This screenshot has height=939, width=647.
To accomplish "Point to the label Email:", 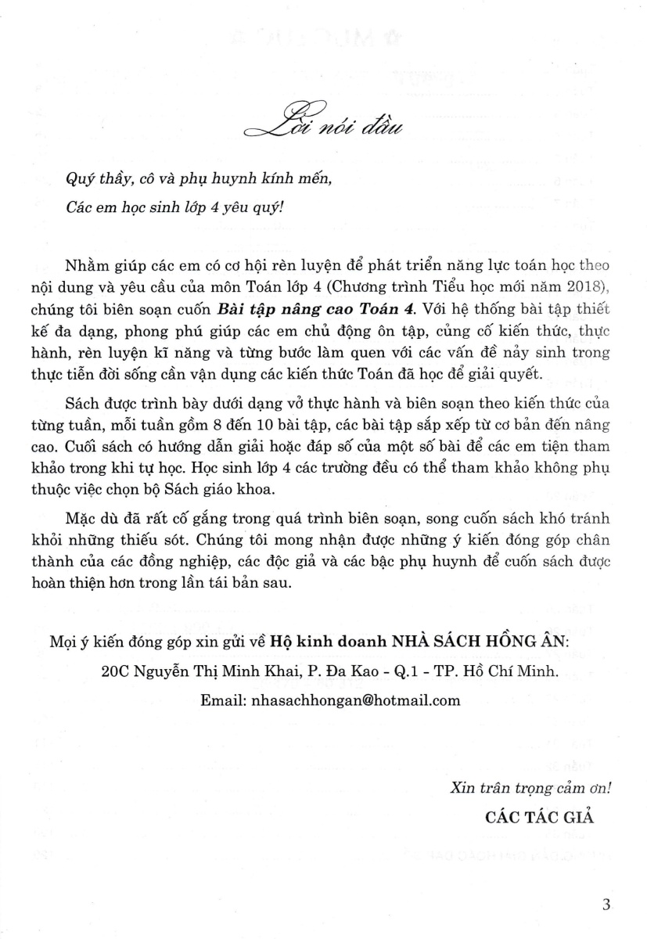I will [224, 700].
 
